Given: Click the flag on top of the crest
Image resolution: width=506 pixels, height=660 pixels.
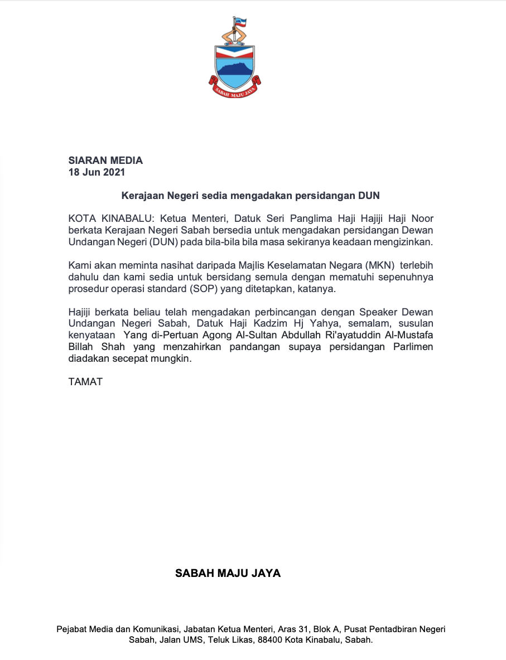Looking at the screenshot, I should pos(243,23).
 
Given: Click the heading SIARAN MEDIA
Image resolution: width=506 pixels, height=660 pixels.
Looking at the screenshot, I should pos(105,161).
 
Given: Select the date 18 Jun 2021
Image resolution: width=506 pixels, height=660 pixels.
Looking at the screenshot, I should pos(97,172).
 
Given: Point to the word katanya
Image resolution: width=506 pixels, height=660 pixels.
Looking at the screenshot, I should pos(317,289).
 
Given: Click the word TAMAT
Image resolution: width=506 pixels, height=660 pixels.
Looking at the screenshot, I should pos(85,382).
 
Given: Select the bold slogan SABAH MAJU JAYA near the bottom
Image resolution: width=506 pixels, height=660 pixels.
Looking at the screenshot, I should pos(228,573).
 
